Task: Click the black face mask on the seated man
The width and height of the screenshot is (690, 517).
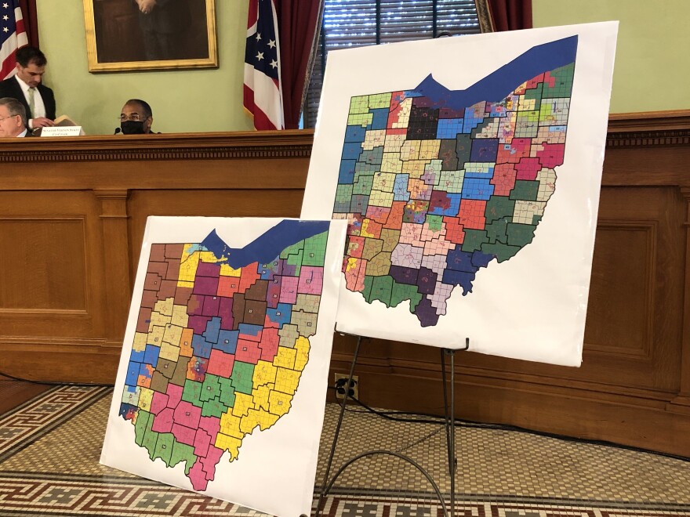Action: click(133, 126)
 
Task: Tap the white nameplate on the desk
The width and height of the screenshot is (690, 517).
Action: click(61, 131)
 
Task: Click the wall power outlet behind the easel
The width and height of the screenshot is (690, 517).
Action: click(346, 386)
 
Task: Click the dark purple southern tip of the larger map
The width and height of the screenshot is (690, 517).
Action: click(427, 313)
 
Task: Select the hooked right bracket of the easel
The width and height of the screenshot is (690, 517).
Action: click(463, 345)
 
